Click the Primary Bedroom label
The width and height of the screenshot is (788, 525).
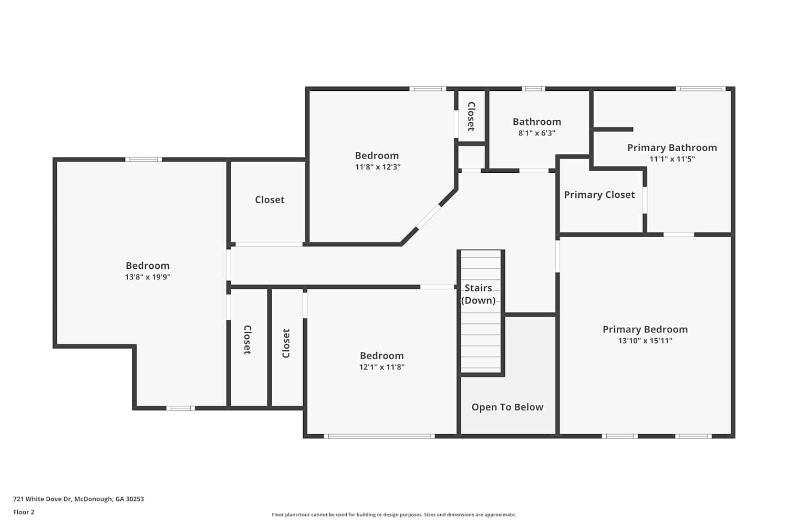tap(645, 330)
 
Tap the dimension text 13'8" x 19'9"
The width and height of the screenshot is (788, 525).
tap(148, 277)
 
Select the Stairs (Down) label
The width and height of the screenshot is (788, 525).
tap(478, 294)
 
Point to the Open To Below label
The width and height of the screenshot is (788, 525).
tap(507, 407)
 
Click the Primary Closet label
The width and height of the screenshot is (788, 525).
tap(599, 195)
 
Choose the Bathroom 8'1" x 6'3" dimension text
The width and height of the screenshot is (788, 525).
tap(537, 133)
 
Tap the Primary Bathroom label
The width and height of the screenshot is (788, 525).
tap(672, 148)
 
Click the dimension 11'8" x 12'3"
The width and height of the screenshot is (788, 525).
tap(378, 167)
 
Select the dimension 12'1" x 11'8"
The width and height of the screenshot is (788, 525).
tap(382, 367)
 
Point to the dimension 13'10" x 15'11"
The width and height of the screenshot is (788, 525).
tap(645, 341)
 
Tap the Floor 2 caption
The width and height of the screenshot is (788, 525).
tap(24, 512)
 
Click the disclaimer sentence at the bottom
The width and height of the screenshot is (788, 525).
tap(393, 514)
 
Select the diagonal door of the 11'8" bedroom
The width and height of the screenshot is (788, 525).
tap(429, 217)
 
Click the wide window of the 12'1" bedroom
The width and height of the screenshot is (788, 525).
tap(379, 436)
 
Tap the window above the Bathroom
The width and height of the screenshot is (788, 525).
tap(533, 89)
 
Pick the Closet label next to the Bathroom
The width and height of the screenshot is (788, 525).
tap(471, 117)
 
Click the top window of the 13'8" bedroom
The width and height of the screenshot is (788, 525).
tap(143, 160)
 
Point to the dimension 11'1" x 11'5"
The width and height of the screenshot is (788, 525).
tap(672, 159)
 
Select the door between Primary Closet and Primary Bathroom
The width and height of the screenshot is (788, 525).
tap(645, 200)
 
